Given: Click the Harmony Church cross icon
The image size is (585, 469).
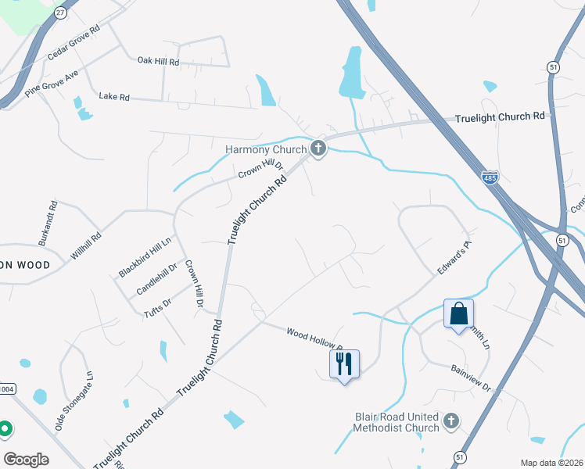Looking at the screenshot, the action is (x=318, y=148).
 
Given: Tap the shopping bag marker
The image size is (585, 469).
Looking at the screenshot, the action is (x=458, y=314).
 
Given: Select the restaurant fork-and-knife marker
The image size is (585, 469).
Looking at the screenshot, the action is (x=345, y=363).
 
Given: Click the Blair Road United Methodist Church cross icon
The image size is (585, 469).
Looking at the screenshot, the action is (x=450, y=422).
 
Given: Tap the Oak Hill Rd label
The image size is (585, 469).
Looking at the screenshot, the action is (x=158, y=61).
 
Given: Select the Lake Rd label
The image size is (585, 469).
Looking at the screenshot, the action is (x=113, y=97).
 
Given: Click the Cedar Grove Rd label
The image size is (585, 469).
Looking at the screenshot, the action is (x=74, y=43).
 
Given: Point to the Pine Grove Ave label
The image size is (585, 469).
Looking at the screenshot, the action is (x=52, y=81).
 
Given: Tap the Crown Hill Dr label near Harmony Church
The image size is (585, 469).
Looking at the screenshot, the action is (x=260, y=170).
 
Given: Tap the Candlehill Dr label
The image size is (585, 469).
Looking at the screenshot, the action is (x=157, y=278).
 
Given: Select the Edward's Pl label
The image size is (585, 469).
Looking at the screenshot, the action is (x=455, y=257).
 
